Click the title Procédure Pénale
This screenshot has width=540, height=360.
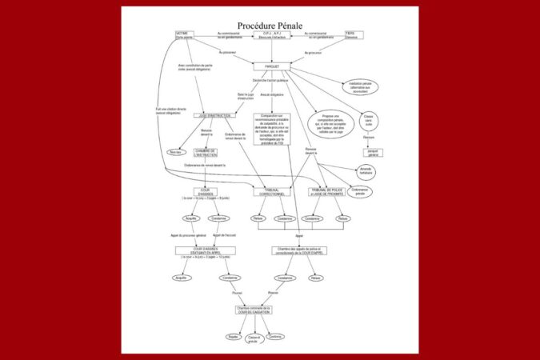[270, 26]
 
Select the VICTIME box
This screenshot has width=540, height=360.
[186, 35]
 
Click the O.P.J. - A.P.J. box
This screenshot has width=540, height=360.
[271, 35]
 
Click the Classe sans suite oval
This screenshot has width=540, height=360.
[368, 121]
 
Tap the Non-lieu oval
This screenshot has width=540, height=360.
[175, 151]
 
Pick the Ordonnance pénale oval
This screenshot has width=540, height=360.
[359, 192]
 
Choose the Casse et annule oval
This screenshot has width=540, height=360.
[254, 339]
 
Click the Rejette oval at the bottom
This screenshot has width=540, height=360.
[233, 337]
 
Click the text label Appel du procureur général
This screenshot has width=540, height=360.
[190, 236]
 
